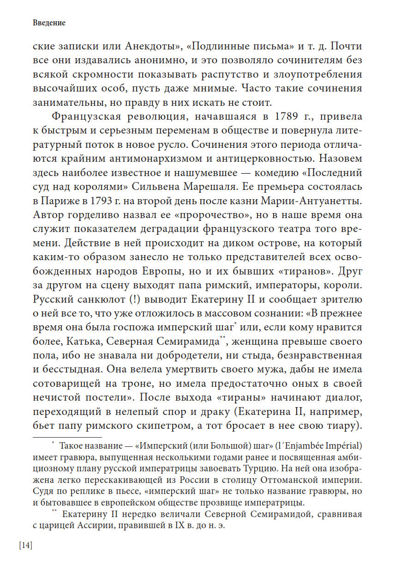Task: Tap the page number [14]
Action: coord(26,545)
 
